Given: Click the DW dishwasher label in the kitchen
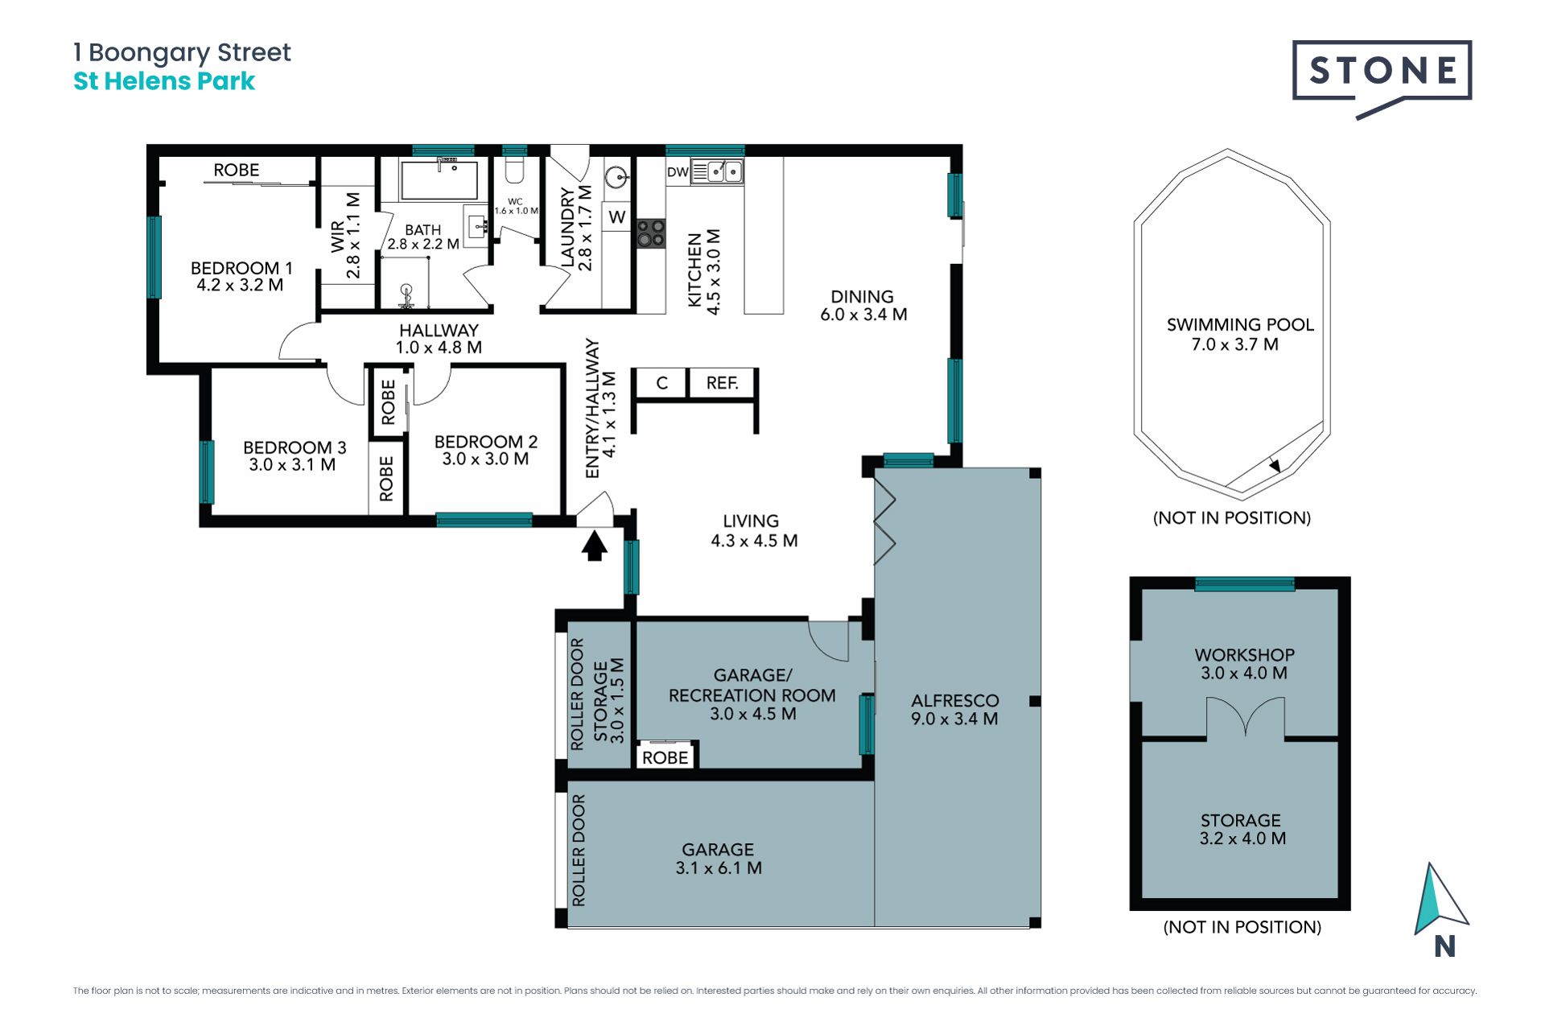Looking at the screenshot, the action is (678, 171).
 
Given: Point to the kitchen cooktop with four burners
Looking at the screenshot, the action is (651, 233).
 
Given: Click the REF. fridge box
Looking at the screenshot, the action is (723, 383).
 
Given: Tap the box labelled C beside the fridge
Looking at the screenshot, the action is (661, 383).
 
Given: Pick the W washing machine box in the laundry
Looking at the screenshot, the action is (617, 216).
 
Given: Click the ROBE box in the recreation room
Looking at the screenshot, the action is (665, 756).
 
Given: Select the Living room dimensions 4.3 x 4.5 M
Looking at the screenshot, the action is (754, 541).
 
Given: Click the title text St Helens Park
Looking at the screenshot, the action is (164, 81).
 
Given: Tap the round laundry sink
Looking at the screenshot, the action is (616, 176).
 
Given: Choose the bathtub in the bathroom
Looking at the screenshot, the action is (439, 179).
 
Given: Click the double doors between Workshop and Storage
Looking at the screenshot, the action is (1245, 716).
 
